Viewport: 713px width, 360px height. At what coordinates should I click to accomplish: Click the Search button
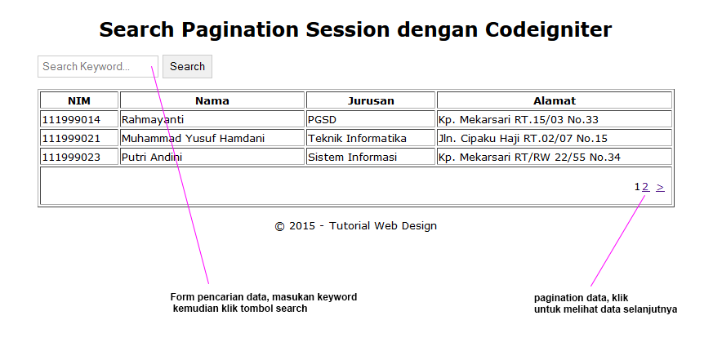187,66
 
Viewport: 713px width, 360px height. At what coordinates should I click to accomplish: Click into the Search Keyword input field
98,66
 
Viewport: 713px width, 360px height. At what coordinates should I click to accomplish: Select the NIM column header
79,100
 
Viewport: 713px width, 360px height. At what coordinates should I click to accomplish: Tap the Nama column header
212,100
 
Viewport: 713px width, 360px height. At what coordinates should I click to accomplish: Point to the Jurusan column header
371,100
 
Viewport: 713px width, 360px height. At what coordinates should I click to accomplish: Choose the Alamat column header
555,100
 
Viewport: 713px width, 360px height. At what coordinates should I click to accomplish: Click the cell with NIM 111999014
79,119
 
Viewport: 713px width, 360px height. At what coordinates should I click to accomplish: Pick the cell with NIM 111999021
79,138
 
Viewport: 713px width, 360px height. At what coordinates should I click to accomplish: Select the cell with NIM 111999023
79,157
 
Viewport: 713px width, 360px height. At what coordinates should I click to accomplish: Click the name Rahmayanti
153,119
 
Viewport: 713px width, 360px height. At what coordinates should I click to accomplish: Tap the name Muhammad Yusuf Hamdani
193,138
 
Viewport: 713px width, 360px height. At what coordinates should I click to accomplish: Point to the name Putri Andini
152,157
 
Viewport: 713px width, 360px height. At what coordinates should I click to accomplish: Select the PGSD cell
371,119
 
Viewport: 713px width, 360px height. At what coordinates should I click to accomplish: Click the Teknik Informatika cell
371,138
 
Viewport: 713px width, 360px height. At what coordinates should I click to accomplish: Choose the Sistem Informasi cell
371,157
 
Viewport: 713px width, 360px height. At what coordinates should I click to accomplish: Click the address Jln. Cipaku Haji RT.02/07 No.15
523,138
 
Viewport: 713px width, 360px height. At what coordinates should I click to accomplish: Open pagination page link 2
645,187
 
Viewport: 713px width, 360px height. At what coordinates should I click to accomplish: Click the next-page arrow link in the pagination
660,187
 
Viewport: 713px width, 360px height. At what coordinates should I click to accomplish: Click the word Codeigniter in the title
548,30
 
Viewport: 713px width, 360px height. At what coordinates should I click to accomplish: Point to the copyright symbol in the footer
279,226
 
